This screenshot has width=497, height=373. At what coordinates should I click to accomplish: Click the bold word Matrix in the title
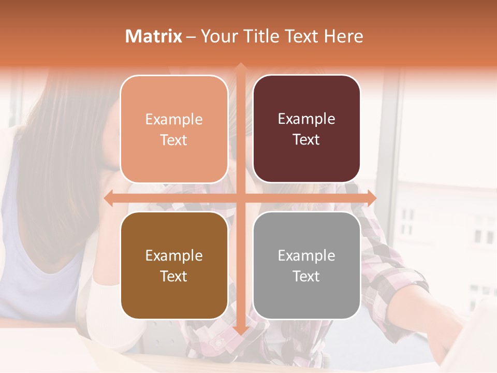(154, 36)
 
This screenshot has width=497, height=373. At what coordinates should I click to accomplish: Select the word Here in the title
(344, 36)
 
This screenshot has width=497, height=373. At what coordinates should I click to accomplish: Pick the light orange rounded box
(174, 129)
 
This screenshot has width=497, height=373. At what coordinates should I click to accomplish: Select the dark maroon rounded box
(306, 129)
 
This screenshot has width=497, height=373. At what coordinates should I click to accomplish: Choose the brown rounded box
(174, 265)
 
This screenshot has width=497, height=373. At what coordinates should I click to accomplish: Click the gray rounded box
(306, 265)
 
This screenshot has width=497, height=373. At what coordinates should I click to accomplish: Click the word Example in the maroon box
(306, 119)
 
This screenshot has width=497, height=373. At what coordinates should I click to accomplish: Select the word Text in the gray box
(306, 276)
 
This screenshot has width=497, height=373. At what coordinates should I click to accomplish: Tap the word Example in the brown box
(174, 255)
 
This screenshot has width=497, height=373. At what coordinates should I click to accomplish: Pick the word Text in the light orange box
(174, 140)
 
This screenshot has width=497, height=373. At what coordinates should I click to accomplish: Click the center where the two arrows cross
(240, 198)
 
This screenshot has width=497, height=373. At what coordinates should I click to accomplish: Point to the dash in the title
(191, 36)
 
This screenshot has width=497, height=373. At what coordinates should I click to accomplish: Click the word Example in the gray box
(306, 255)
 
